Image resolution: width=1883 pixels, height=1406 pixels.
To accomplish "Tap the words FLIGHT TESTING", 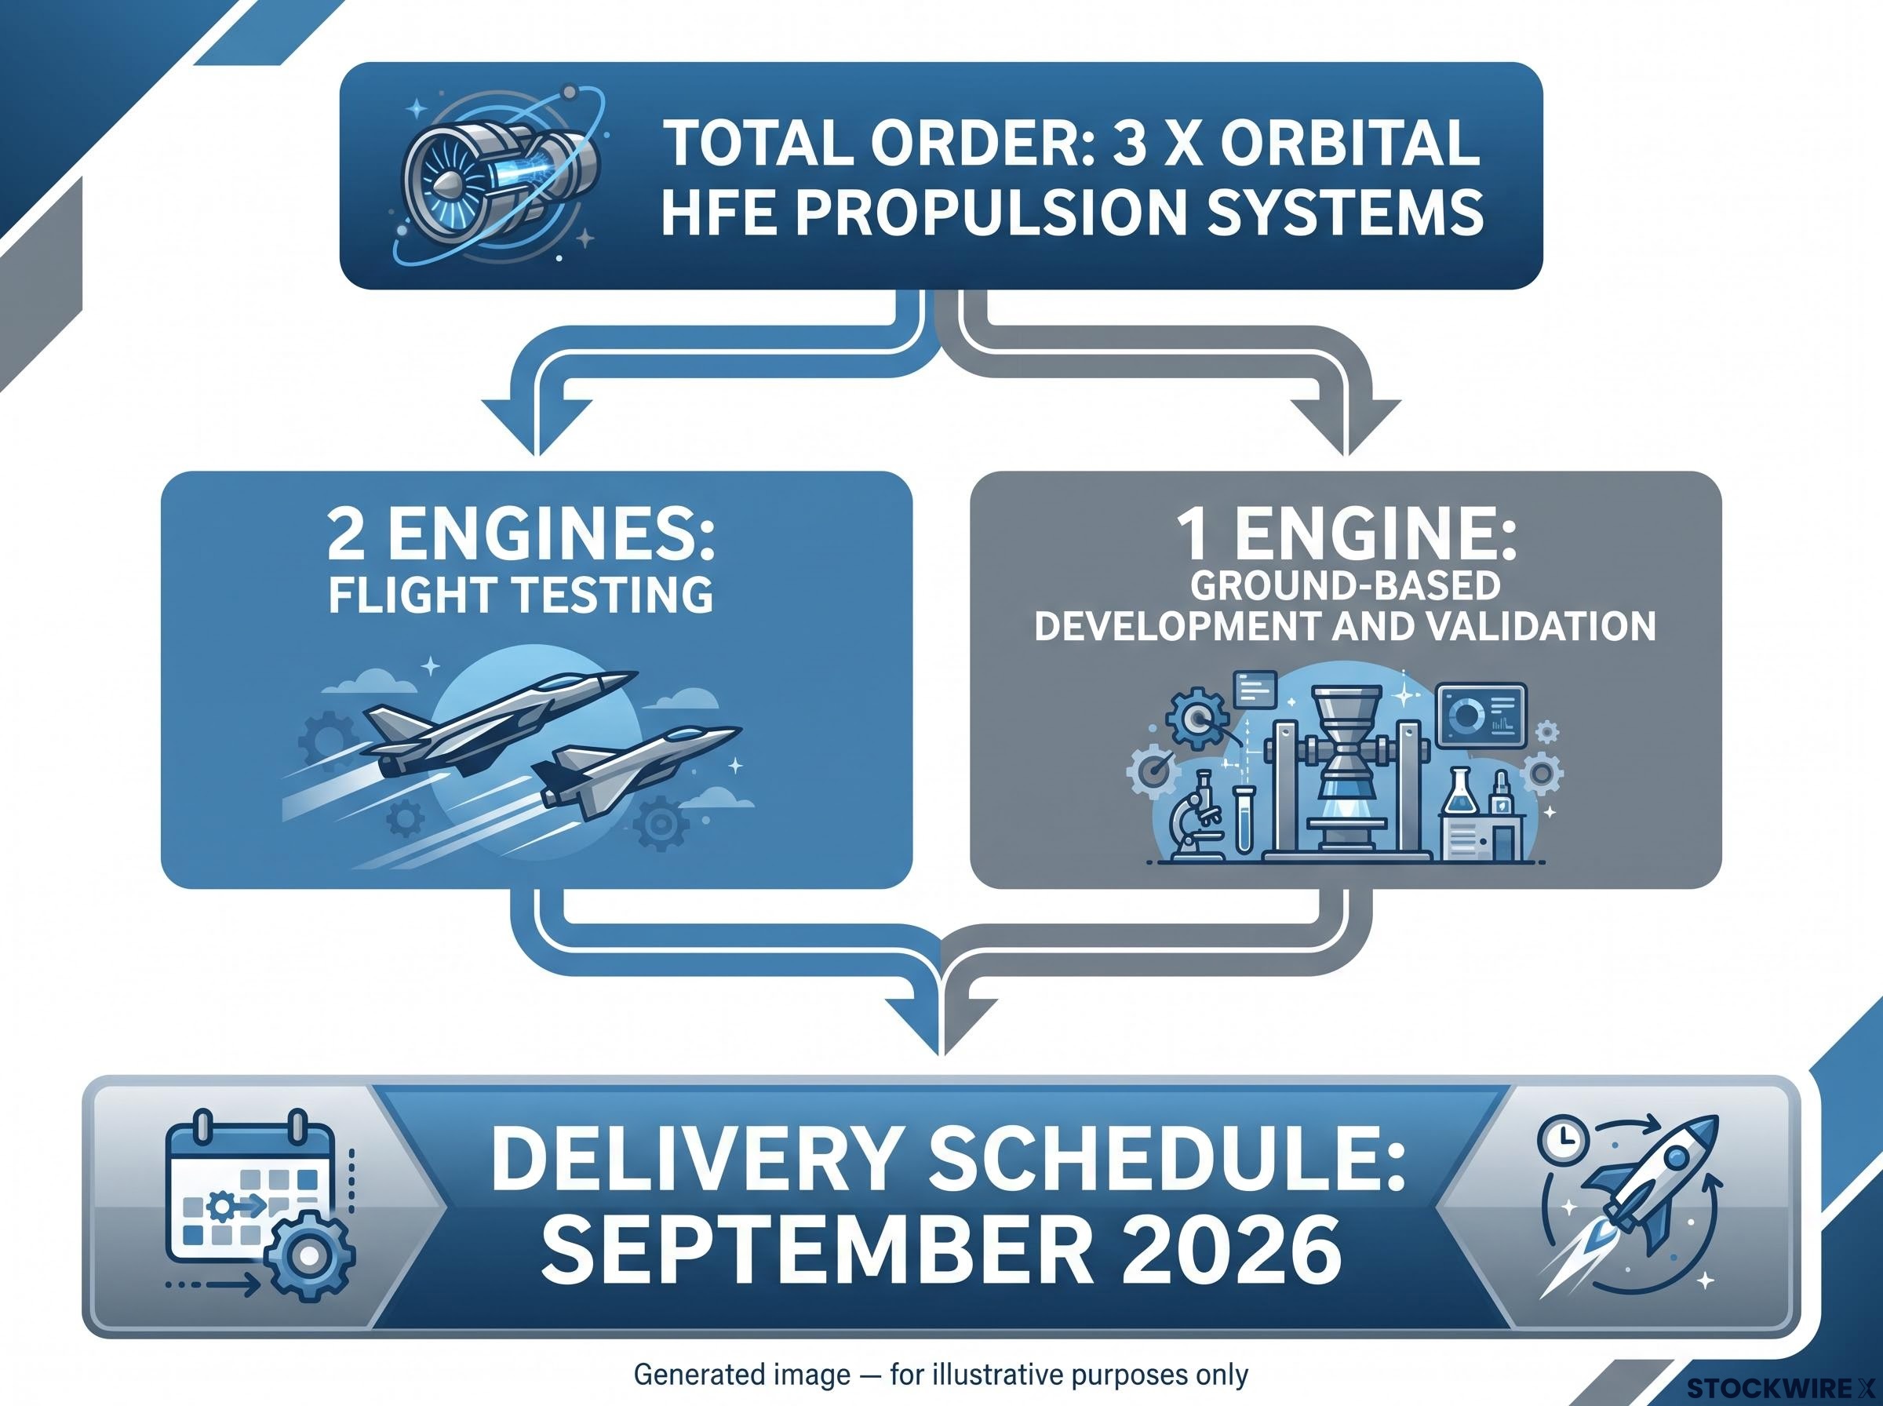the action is pyautogui.click(x=521, y=594).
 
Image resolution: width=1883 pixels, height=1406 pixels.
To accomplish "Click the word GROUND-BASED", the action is pyautogui.click(x=1345, y=585).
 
